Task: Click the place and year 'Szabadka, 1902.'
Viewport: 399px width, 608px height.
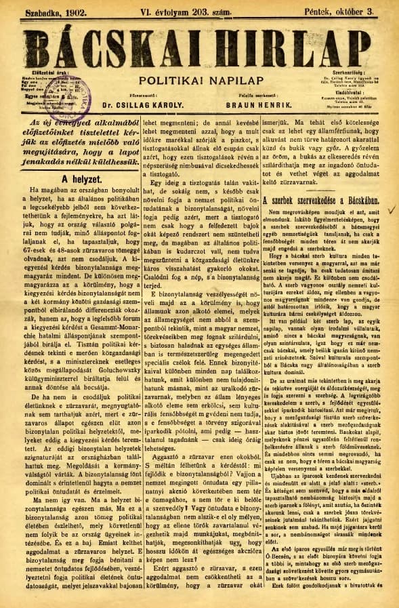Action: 50,12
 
